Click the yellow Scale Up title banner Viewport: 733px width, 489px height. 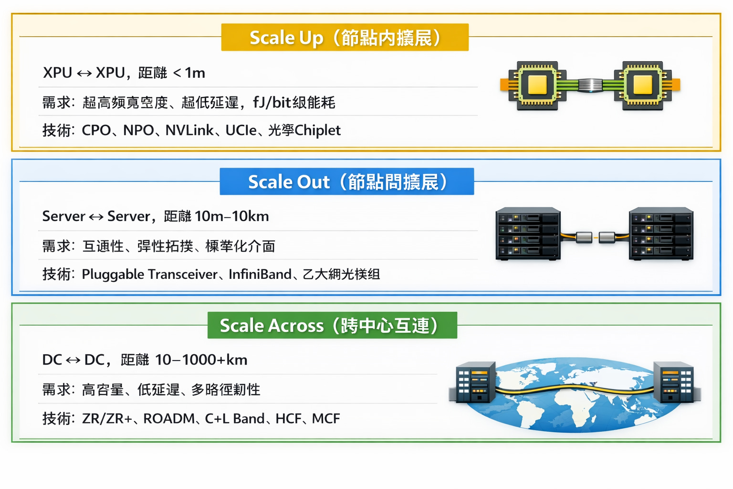click(345, 37)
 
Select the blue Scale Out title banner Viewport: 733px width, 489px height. click(346, 181)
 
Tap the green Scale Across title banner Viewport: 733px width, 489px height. click(332, 325)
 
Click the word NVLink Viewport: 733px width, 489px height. click(189, 130)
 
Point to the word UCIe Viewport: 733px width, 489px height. click(241, 130)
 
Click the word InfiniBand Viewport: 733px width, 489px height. click(260, 274)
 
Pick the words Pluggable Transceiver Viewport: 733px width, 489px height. click(149, 274)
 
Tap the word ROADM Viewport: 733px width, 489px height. click(169, 418)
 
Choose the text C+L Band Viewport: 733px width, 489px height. click(234, 418)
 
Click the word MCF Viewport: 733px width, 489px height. click(326, 418)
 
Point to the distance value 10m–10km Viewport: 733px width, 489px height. click(232, 216)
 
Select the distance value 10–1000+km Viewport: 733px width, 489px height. click(201, 360)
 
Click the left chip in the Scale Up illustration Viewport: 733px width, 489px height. click(537, 85)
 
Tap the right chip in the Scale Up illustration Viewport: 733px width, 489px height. click(642, 85)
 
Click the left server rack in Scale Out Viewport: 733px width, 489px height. click(528, 234)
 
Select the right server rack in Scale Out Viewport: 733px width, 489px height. click(661, 234)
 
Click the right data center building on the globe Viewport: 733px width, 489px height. click(675, 382)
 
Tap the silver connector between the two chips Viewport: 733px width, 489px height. click(590, 85)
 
